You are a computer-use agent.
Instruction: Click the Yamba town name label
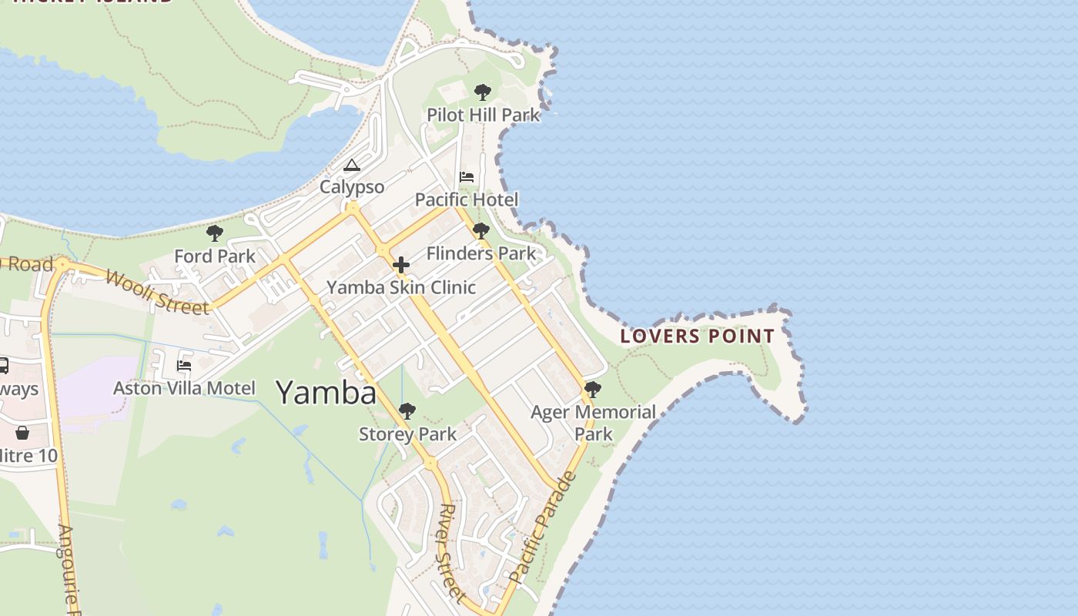click(326, 393)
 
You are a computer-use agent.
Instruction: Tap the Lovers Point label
click(697, 336)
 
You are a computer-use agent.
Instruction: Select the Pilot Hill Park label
click(484, 115)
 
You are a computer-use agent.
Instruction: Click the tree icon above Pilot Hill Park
click(483, 93)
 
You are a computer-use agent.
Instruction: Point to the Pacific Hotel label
click(467, 199)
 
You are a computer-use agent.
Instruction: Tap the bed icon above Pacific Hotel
click(467, 177)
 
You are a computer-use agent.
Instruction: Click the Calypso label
click(352, 187)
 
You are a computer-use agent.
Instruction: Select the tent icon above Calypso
click(352, 166)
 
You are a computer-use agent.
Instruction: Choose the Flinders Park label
click(481, 253)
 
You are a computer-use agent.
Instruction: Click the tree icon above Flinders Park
click(481, 231)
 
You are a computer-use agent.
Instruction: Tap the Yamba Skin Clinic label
click(401, 287)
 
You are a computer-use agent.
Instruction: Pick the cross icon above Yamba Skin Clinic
click(401, 266)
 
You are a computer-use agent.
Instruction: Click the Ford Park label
click(215, 256)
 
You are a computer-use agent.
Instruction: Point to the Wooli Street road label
click(157, 293)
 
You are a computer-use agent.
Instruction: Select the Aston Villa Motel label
click(184, 387)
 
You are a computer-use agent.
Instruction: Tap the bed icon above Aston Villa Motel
click(184, 365)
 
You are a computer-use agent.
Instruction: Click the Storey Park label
click(408, 434)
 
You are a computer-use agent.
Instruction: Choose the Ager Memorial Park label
click(593, 423)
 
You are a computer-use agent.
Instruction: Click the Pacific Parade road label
click(543, 527)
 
